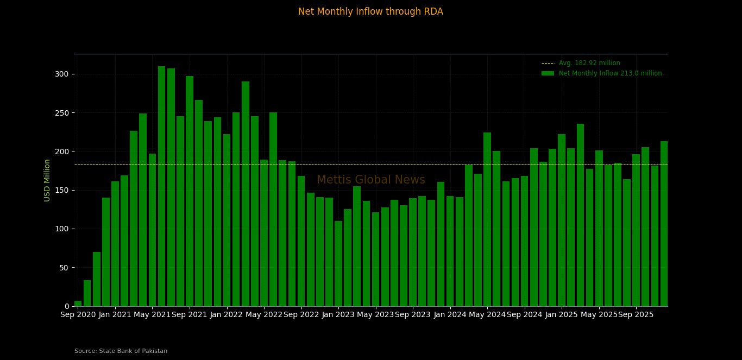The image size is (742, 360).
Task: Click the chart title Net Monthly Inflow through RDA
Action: pos(370,11)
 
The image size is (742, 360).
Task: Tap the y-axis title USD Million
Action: pos(47,180)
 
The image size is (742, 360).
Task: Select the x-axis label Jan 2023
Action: pos(338,314)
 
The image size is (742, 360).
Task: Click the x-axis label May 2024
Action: pos(487,314)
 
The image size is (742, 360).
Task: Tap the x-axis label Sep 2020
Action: pos(78,314)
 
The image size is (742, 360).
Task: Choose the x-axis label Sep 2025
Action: pos(636,314)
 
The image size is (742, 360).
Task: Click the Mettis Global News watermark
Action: pos(370,180)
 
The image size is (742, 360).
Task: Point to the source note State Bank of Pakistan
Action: pos(121,351)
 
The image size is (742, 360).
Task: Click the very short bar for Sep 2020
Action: pos(78,304)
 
